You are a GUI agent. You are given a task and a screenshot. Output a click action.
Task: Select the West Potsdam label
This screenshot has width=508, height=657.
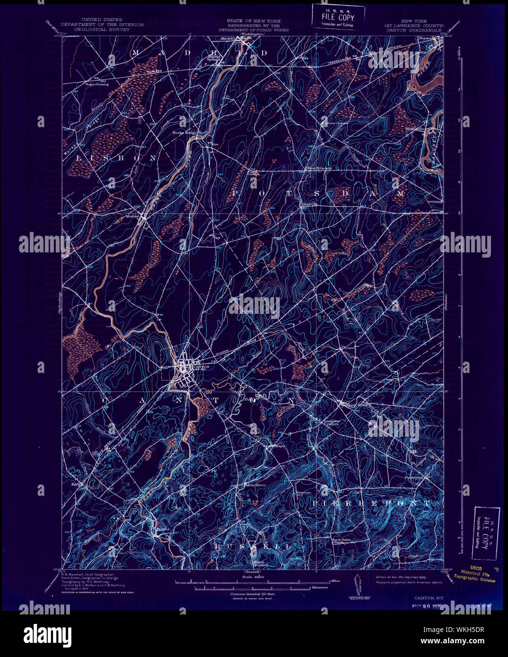tap(319, 168)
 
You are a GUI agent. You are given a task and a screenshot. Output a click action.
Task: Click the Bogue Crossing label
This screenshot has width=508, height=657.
tap(97, 84)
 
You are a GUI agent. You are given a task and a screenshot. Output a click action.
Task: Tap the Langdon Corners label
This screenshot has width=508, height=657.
tap(331, 422)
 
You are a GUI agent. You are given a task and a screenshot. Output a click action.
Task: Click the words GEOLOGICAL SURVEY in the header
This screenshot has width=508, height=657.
tap(102, 29)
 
